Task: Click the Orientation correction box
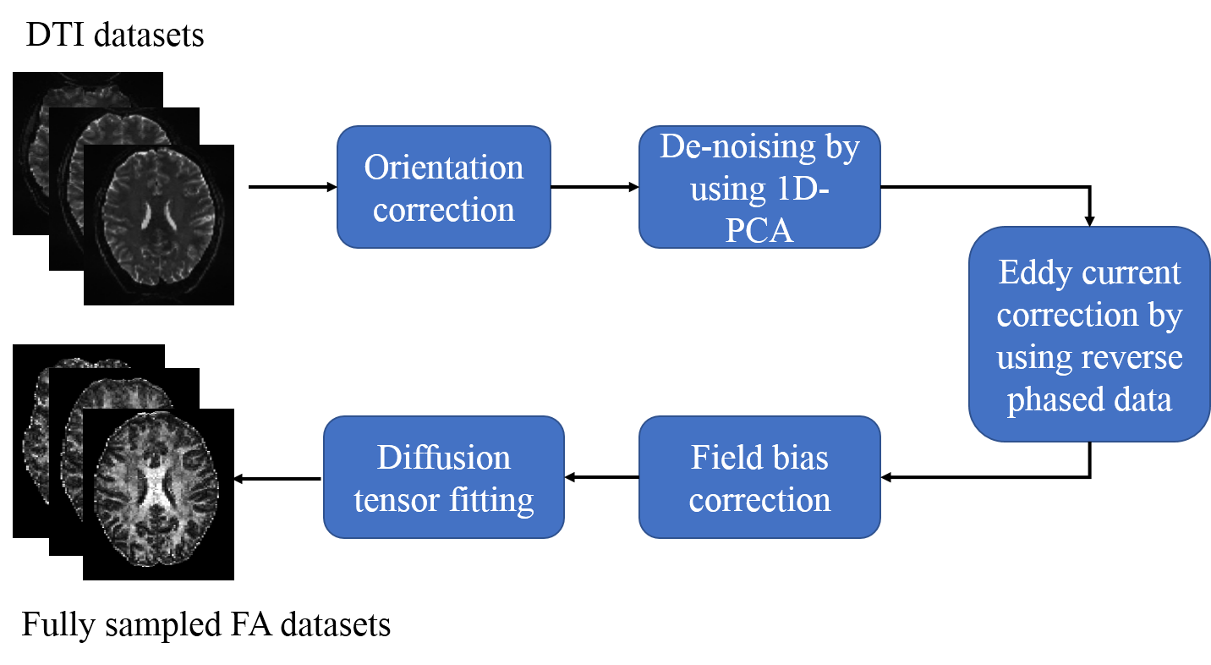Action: click(443, 187)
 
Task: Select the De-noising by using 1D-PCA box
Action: click(759, 187)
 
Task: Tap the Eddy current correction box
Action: click(1089, 333)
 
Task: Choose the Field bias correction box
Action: click(759, 477)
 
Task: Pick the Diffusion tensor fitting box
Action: click(443, 477)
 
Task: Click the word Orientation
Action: click(443, 167)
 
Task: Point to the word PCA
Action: click(759, 229)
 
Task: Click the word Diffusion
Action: click(443, 458)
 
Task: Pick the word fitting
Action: click(490, 500)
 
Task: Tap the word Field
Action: click(724, 458)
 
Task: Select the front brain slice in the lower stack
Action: click(156, 491)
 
